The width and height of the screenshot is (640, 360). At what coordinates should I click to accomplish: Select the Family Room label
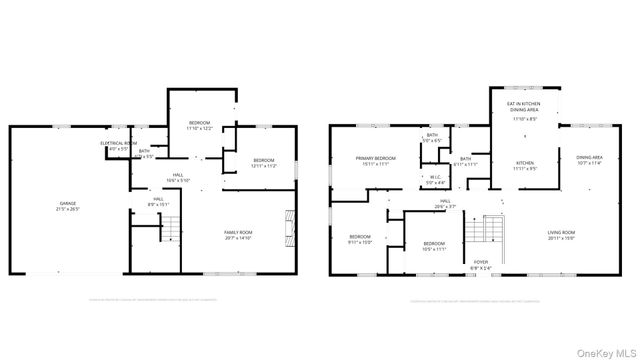click(x=237, y=235)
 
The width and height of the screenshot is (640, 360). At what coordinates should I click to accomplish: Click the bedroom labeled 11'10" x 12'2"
click(x=200, y=125)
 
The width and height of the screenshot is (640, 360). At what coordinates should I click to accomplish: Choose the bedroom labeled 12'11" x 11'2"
click(x=263, y=163)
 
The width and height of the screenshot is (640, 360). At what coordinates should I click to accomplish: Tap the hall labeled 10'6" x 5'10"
click(x=176, y=178)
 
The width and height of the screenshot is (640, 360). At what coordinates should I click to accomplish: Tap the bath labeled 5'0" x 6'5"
click(x=432, y=138)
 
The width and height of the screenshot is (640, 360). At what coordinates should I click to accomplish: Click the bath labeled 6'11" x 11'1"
click(x=465, y=161)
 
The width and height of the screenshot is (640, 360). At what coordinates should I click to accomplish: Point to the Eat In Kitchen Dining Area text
click(x=525, y=108)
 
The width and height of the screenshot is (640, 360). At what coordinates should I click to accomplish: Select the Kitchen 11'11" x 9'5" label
click(x=525, y=165)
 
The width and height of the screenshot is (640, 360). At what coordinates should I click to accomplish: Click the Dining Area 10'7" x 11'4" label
click(x=589, y=160)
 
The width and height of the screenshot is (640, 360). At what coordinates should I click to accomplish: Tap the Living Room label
click(x=561, y=235)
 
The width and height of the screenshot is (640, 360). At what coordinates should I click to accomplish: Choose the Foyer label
click(x=481, y=265)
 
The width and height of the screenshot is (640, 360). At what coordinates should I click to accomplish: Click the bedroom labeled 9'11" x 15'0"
click(x=359, y=238)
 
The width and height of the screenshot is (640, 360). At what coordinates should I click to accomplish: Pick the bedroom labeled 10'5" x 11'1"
click(x=433, y=245)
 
